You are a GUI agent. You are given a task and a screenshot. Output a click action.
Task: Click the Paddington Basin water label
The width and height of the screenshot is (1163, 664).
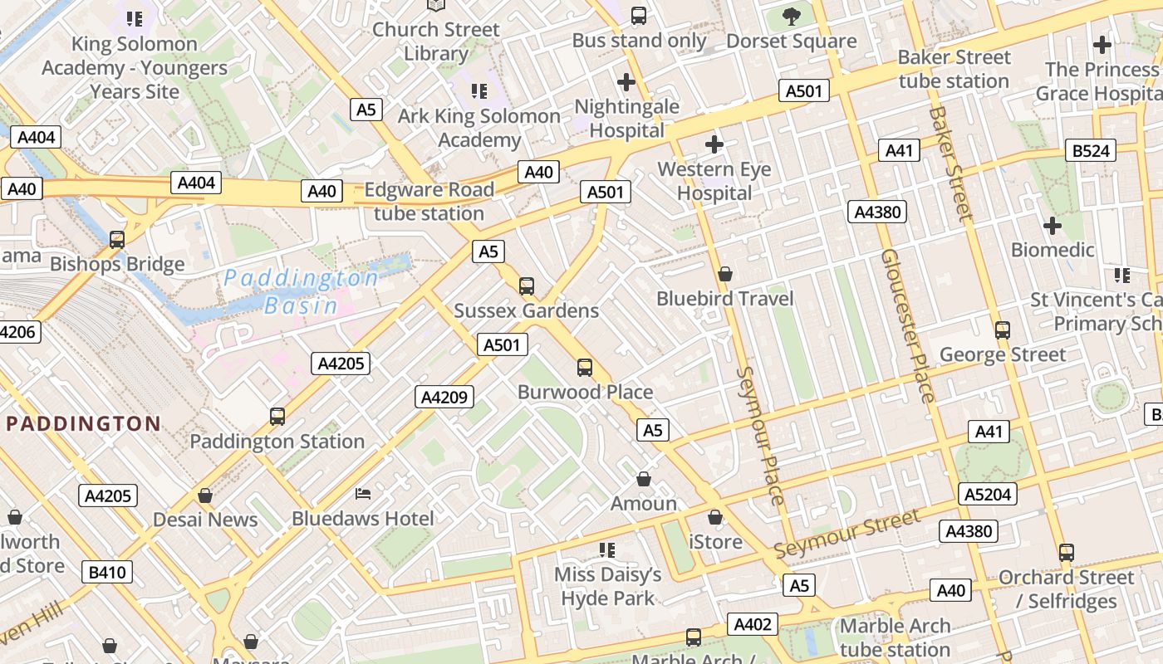pyautogui.click(x=301, y=291)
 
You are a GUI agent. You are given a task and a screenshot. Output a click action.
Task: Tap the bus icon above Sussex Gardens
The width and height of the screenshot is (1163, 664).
pyautogui.click(x=526, y=286)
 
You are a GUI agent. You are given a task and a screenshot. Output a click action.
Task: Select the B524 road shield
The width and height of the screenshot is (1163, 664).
pyautogui.click(x=1091, y=150)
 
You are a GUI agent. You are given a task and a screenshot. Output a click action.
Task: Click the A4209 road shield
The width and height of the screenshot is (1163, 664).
pyautogui.click(x=444, y=397)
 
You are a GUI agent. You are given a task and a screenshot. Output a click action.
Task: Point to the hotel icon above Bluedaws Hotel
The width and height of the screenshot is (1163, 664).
pyautogui.click(x=363, y=494)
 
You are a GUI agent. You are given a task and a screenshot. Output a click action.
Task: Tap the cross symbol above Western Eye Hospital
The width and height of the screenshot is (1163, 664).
pyautogui.click(x=714, y=145)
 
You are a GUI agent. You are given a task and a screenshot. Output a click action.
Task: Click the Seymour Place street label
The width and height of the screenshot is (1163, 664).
pyautogui.click(x=760, y=435)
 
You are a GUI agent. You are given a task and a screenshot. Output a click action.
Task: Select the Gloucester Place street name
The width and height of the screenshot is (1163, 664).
pyautogui.click(x=908, y=325)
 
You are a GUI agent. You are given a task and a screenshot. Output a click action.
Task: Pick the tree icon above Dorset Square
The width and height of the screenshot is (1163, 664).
pyautogui.click(x=791, y=16)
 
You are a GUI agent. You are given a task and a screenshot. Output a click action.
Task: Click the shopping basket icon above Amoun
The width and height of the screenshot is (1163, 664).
pyautogui.click(x=643, y=479)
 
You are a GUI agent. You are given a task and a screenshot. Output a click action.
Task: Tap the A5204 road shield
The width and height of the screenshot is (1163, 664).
pyautogui.click(x=988, y=495)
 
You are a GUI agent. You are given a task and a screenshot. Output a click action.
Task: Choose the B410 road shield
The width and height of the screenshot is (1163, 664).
pyautogui.click(x=107, y=572)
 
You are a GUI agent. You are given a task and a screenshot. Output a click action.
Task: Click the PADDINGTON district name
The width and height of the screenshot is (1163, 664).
pyautogui.click(x=83, y=424)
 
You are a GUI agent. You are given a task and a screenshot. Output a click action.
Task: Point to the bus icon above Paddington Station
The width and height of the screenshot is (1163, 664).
pyautogui.click(x=277, y=416)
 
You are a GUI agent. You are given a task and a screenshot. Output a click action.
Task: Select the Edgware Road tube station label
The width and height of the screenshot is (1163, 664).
pyautogui.click(x=429, y=202)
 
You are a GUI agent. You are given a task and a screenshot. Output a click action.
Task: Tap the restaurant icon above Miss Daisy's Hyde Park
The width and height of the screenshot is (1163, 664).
pyautogui.click(x=607, y=549)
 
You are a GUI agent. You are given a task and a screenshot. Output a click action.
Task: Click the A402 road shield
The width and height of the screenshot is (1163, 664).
pyautogui.click(x=753, y=624)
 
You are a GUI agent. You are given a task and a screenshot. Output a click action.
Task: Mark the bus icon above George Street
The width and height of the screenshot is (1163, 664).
pyautogui.click(x=1002, y=330)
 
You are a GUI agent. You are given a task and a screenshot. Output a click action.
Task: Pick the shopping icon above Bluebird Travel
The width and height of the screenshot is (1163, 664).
pyautogui.click(x=724, y=274)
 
